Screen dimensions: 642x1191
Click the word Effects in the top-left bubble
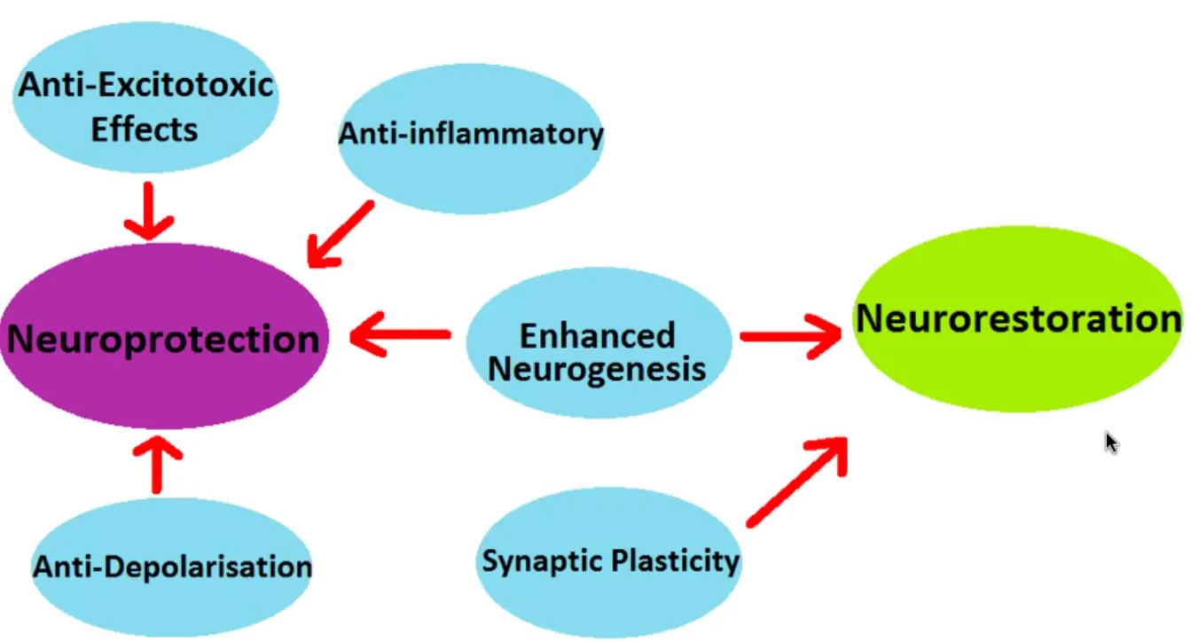click(x=145, y=129)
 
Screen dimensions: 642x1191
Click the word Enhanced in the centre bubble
click(x=597, y=336)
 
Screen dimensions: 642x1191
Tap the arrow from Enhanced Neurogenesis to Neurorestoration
click(x=790, y=336)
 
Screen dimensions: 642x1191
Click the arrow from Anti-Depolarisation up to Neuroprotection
click(x=157, y=462)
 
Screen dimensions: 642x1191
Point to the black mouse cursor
click(x=1110, y=442)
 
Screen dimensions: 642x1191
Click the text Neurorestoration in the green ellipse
click(x=1017, y=318)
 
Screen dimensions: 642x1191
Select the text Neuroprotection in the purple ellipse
click(x=164, y=338)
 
